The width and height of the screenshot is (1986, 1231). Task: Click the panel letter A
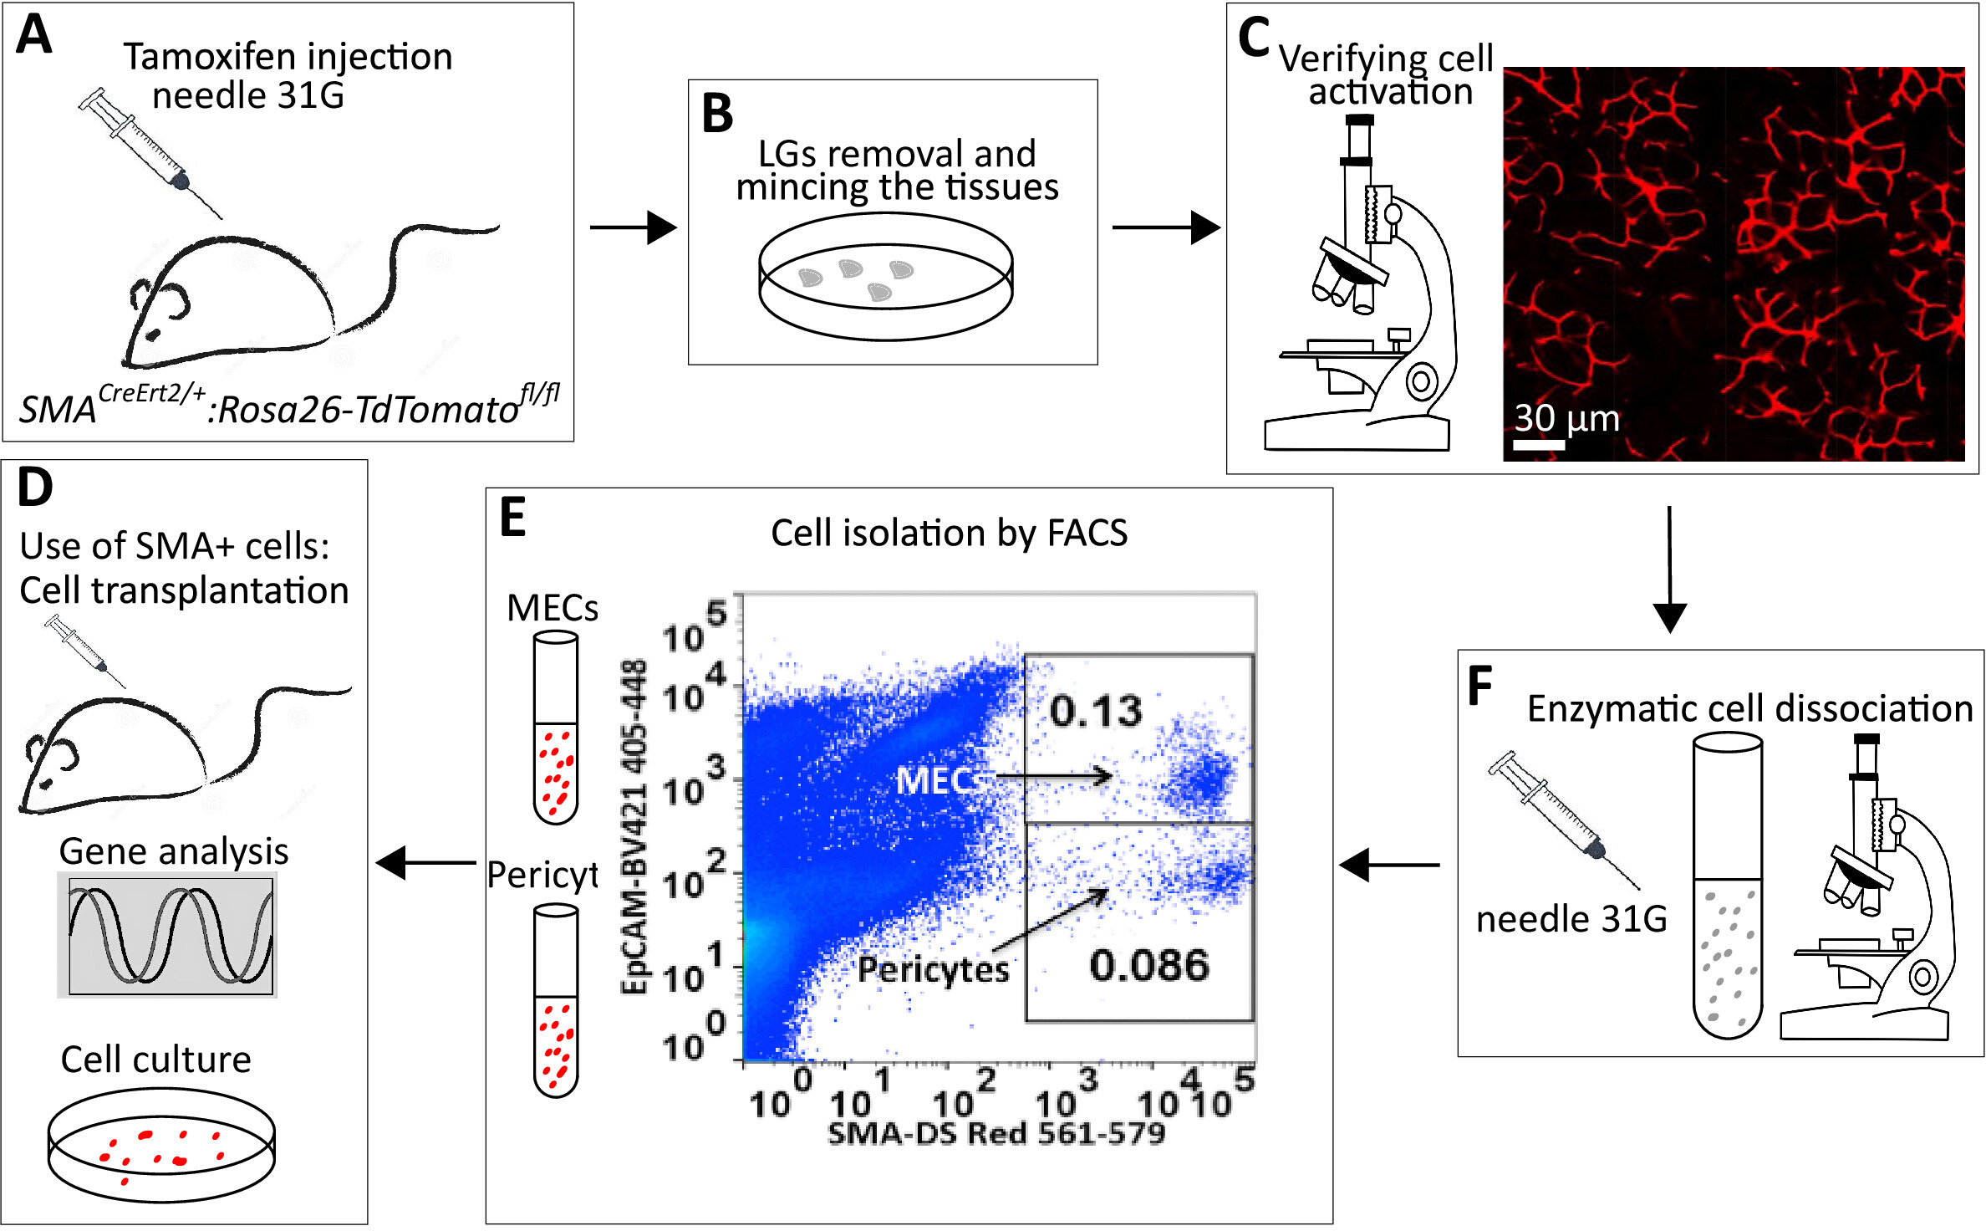[34, 35]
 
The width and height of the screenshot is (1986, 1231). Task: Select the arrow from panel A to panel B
[632, 227]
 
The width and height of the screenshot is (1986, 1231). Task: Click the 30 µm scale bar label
[1566, 418]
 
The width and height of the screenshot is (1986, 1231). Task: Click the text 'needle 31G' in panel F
[1571, 919]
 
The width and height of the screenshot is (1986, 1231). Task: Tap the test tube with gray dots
[1727, 886]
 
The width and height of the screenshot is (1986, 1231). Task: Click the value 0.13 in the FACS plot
[1096, 711]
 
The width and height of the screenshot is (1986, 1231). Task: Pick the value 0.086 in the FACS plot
[1149, 965]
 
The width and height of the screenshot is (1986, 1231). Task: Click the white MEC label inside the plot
[934, 781]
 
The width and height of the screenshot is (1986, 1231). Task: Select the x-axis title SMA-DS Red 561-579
[996, 1133]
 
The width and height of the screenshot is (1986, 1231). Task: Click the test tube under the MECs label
[556, 728]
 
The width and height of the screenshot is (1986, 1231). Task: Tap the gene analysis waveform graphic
[167, 935]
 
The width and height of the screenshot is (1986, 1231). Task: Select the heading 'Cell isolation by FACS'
[949, 533]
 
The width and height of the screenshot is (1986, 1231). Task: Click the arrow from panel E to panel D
[426, 862]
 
